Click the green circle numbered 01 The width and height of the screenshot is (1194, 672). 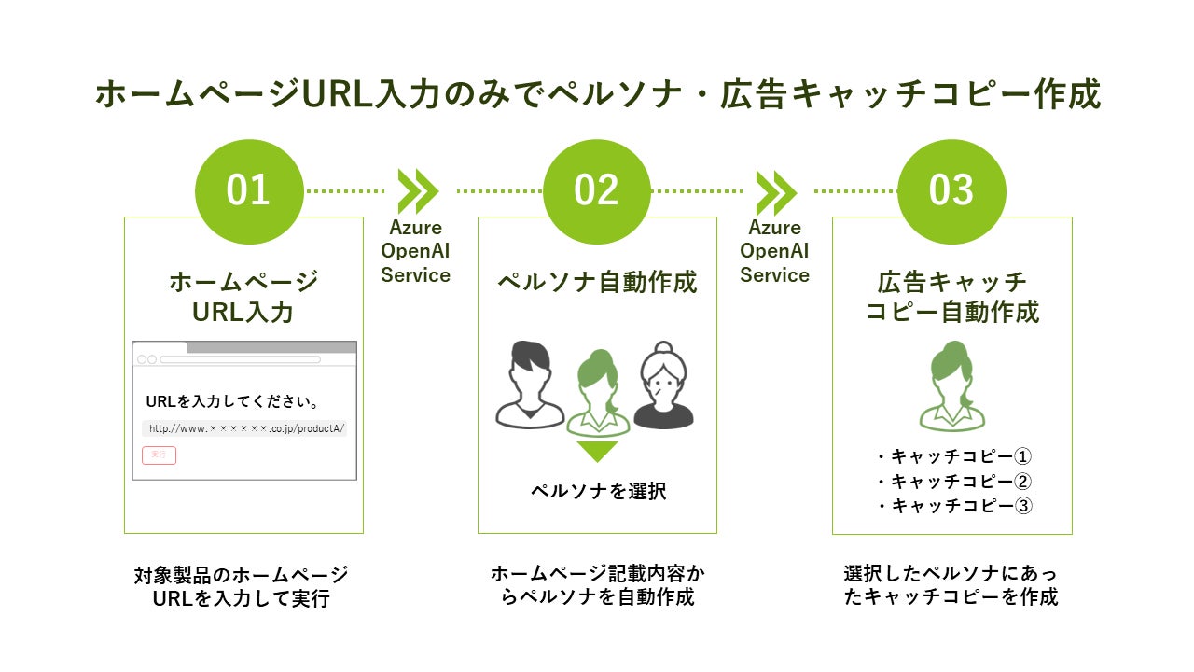pyautogui.click(x=249, y=190)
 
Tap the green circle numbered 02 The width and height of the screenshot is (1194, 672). pyautogui.click(x=597, y=190)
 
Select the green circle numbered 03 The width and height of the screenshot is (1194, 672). pyautogui.click(x=951, y=190)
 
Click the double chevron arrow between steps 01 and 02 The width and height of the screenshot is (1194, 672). pyautogui.click(x=417, y=191)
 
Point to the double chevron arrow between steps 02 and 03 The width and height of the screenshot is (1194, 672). pyautogui.click(x=775, y=191)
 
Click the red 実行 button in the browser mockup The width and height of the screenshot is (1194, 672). pyautogui.click(x=159, y=455)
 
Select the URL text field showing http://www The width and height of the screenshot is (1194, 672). pyautogui.click(x=245, y=429)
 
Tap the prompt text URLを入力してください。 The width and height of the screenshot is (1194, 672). pyautogui.click(x=234, y=402)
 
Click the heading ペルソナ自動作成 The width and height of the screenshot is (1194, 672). pyautogui.click(x=597, y=282)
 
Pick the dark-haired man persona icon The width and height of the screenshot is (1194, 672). pyautogui.click(x=529, y=385)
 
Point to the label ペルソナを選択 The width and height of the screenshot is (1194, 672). pyautogui.click(x=598, y=491)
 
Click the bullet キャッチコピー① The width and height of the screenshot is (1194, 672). pyautogui.click(x=952, y=456)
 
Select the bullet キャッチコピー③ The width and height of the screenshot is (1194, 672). pyautogui.click(x=952, y=506)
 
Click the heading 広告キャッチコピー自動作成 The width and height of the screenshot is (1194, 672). pyautogui.click(x=952, y=296)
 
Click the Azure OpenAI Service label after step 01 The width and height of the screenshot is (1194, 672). pyautogui.click(x=416, y=251)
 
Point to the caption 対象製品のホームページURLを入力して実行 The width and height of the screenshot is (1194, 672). pyautogui.click(x=242, y=586)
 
